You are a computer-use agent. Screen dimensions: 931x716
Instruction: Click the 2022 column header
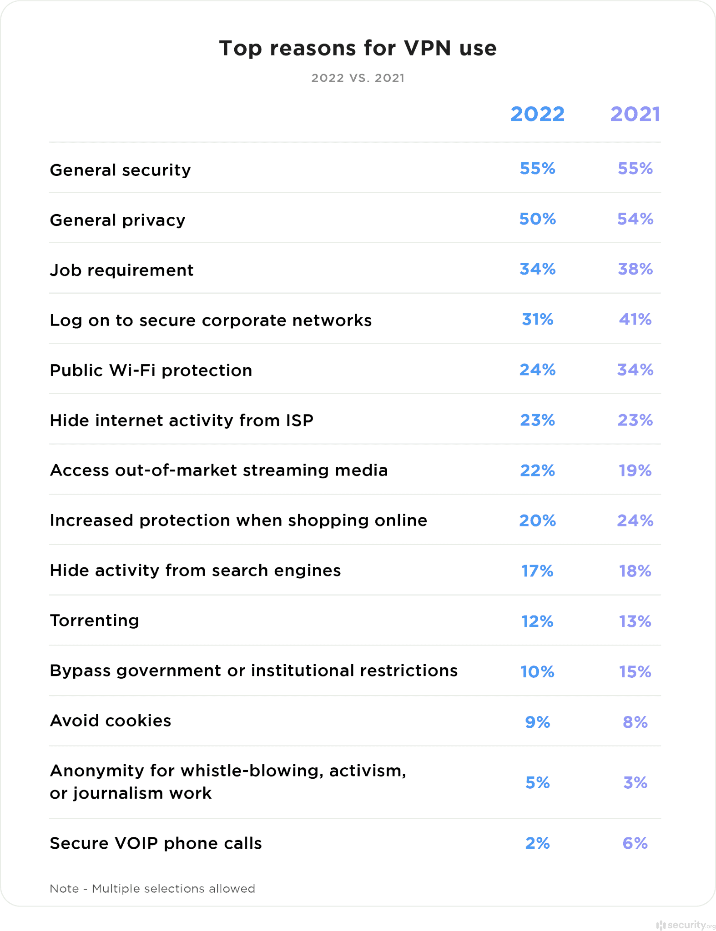pyautogui.click(x=537, y=114)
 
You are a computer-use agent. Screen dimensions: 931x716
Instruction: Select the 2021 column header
pyautogui.click(x=635, y=114)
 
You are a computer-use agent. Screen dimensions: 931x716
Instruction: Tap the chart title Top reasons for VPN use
pyautogui.click(x=358, y=48)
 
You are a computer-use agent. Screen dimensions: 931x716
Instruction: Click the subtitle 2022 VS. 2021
pyautogui.click(x=358, y=78)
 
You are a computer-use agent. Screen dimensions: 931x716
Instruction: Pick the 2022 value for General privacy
pyautogui.click(x=537, y=219)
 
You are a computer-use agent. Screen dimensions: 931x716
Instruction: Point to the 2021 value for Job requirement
pyautogui.click(x=635, y=269)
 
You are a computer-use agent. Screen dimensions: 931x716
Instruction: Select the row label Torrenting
pyautogui.click(x=95, y=621)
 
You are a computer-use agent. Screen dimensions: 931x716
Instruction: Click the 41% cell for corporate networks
pyautogui.click(x=635, y=320)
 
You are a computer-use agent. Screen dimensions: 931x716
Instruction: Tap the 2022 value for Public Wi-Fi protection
pyautogui.click(x=537, y=370)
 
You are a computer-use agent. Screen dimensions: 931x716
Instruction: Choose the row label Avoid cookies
pyautogui.click(x=111, y=721)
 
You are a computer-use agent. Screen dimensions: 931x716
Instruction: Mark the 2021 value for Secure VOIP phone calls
pyautogui.click(x=635, y=843)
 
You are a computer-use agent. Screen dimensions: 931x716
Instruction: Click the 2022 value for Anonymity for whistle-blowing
pyautogui.click(x=537, y=782)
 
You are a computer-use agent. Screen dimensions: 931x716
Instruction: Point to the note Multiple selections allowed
pyautogui.click(x=152, y=889)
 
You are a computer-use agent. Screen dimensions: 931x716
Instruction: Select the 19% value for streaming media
pyautogui.click(x=635, y=471)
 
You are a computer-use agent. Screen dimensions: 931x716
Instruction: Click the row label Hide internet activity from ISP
pyautogui.click(x=182, y=420)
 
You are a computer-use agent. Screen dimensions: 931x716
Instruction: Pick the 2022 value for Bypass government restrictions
pyautogui.click(x=537, y=671)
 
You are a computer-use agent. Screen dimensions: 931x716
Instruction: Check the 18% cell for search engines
pyautogui.click(x=635, y=571)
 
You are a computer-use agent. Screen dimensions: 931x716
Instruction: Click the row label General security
pyautogui.click(x=121, y=170)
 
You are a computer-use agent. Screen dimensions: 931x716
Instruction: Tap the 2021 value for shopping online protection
pyautogui.click(x=635, y=521)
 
